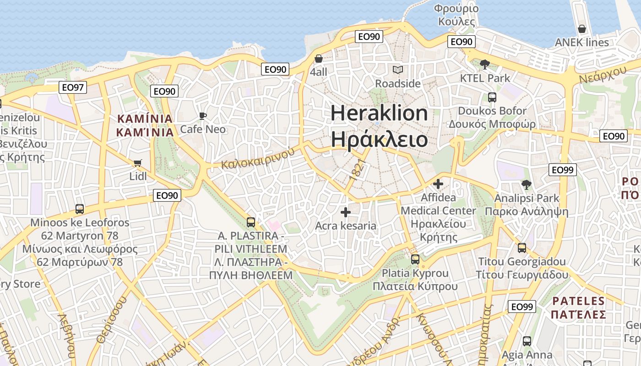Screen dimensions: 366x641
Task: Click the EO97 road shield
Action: pos(73,87)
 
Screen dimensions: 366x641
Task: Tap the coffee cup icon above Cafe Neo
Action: pos(202,116)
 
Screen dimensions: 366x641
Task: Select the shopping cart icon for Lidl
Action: pos(137,163)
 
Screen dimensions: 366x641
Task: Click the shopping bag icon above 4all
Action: pos(319,59)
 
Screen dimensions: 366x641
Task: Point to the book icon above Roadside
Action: pos(398,70)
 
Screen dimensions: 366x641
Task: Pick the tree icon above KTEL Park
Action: pos(485,65)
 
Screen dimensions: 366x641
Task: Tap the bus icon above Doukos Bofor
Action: pos(492,97)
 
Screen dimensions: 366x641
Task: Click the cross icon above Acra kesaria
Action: pos(346,212)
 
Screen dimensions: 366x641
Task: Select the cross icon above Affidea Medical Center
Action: pos(438,184)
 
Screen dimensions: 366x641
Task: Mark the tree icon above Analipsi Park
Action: pos(526,184)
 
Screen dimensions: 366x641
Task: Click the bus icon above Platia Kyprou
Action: pos(415,259)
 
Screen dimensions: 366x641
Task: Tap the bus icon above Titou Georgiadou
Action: pos(522,248)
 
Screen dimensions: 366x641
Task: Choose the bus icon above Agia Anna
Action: pos(527,341)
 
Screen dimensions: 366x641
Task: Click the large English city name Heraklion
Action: pos(379,113)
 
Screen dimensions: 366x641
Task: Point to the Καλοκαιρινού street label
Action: pos(258,158)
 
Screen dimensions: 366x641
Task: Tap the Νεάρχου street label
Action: pos(603,74)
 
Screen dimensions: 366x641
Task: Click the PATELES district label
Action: pos(579,301)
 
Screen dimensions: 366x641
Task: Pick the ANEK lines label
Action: pos(582,43)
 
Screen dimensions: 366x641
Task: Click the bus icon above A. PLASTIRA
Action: pos(251,222)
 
